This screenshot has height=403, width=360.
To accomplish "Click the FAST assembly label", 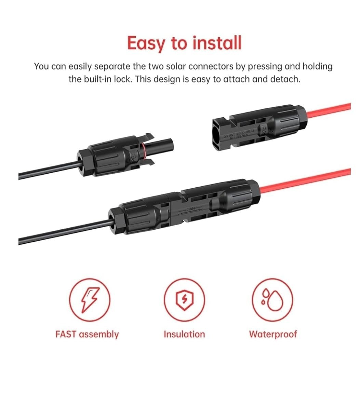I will [x=87, y=334].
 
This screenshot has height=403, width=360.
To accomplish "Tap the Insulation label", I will [x=184, y=334].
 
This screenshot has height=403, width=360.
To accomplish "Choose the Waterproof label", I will [x=273, y=334].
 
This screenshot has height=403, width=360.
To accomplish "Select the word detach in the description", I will [x=285, y=79].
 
